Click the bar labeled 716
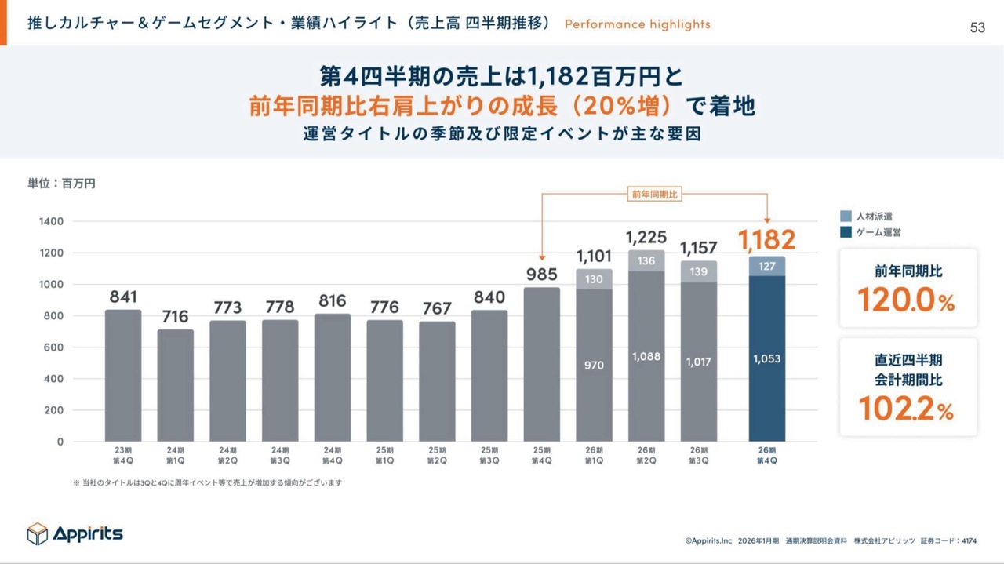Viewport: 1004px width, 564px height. tap(175, 384)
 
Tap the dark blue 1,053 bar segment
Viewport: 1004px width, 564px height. tap(767, 358)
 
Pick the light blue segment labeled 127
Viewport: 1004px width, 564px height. tap(767, 266)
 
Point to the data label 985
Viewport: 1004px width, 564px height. tap(542, 275)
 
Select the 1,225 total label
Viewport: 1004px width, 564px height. tap(646, 236)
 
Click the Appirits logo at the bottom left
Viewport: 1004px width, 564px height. tap(75, 533)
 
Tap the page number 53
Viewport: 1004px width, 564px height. tap(977, 28)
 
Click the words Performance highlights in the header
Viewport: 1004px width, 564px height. tap(637, 24)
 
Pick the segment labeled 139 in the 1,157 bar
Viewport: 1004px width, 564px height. tap(699, 271)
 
